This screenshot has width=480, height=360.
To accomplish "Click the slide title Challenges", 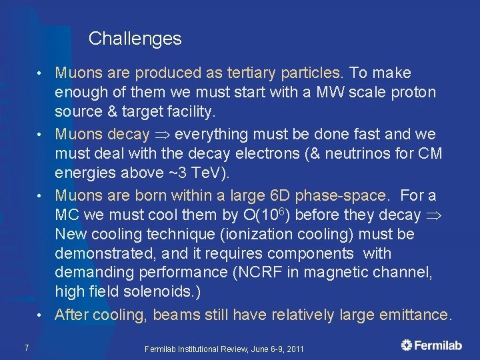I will point(135,39).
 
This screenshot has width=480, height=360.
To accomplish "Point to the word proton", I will point(414,92).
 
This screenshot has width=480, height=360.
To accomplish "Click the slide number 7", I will point(25,347).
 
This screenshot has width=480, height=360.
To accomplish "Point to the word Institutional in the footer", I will point(203,349).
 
